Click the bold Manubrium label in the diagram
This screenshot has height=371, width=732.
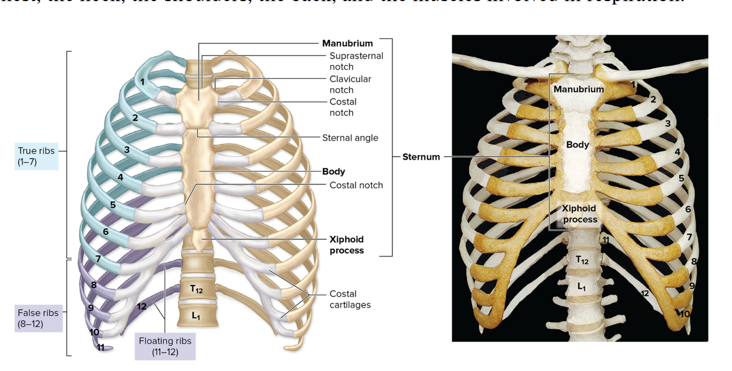(x=347, y=43)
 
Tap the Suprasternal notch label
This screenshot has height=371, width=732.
(x=356, y=61)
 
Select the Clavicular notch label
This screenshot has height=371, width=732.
(x=350, y=84)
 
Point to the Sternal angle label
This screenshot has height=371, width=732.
(x=350, y=138)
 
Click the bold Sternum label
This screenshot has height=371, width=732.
(x=421, y=157)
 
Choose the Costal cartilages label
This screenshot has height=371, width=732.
(x=350, y=299)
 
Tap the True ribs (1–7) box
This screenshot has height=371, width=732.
(x=37, y=156)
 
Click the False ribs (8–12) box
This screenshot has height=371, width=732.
(x=38, y=319)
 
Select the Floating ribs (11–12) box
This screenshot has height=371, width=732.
(x=165, y=346)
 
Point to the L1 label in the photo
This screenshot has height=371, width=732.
(x=581, y=286)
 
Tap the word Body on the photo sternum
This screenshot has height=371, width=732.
(x=577, y=144)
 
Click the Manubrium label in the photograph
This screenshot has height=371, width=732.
(x=579, y=89)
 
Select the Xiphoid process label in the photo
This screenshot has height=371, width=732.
(x=580, y=214)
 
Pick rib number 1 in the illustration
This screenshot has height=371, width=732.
(x=143, y=82)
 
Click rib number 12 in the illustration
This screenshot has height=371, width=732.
(x=142, y=307)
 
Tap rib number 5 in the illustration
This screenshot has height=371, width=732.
(x=113, y=205)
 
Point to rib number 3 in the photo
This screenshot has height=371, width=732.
(x=667, y=123)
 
